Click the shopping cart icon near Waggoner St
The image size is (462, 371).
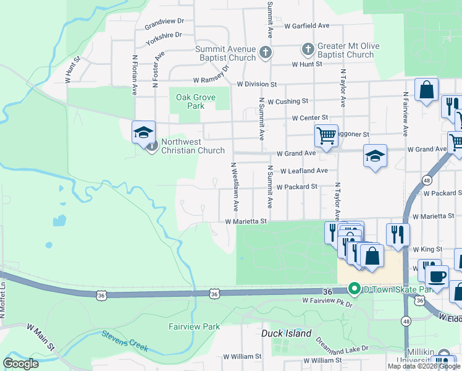click(325, 134)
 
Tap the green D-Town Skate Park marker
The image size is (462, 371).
click(354, 288)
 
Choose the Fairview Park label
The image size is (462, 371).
click(194, 326)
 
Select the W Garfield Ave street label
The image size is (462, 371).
click(307, 26)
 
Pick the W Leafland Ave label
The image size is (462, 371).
click(303, 171)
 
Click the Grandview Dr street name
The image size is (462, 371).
click(164, 23)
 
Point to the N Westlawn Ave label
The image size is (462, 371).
click(234, 185)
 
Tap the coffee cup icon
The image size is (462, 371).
click(437, 276)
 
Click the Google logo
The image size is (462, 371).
click(21, 364)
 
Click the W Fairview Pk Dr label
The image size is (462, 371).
click(327, 301)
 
